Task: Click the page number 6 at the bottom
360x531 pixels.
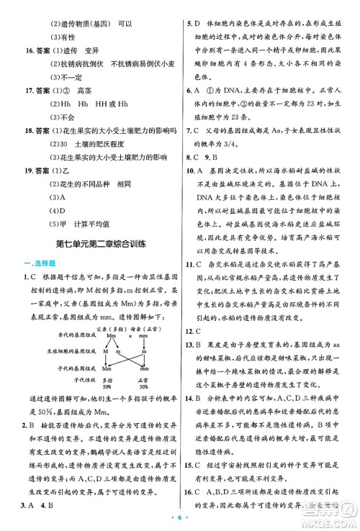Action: pyautogui.click(x=180, y=519)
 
